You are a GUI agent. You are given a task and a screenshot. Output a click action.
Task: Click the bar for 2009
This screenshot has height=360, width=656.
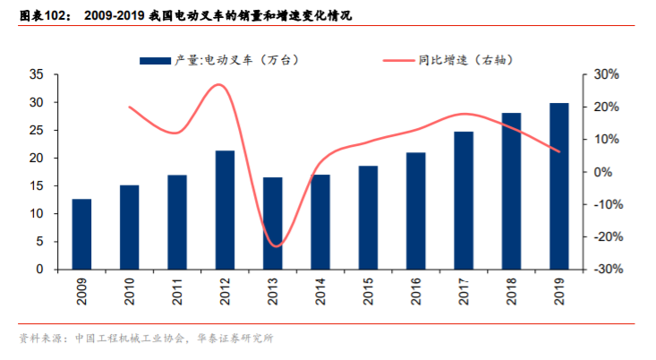pos(81,234)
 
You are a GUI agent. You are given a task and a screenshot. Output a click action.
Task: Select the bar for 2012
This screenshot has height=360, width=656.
pos(225,210)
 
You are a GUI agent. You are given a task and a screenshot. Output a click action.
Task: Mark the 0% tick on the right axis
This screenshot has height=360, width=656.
pos(605,172)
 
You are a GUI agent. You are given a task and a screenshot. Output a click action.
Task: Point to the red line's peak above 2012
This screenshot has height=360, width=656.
pos(219,85)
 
